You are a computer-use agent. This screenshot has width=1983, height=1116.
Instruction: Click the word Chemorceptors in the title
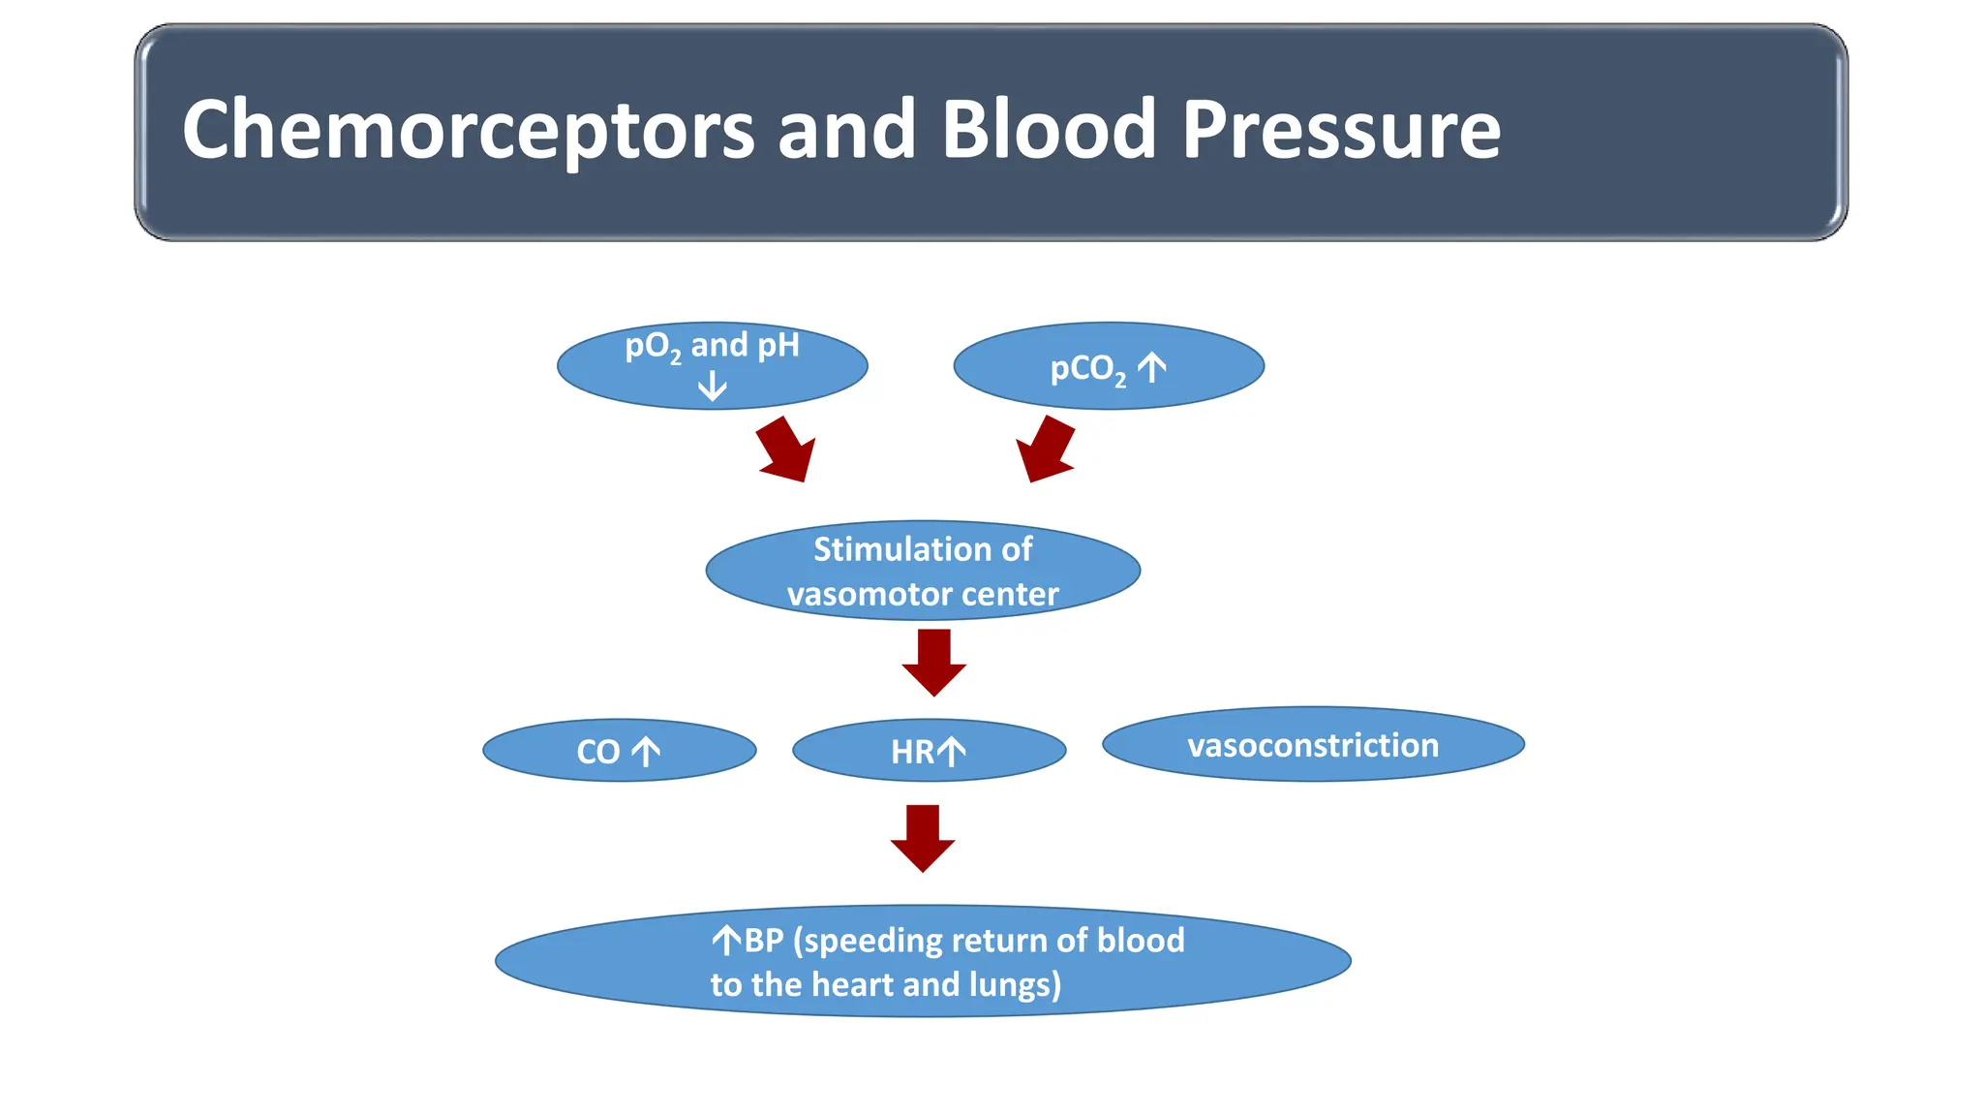468,131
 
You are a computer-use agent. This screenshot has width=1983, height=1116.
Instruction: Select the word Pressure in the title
1341,131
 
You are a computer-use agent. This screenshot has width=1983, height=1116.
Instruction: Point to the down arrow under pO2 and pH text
713,387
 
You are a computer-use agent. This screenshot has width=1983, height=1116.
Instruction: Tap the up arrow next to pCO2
1151,368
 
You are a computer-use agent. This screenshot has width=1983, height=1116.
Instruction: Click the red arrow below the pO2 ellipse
786,450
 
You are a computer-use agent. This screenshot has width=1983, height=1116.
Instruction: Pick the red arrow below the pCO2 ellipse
1046,450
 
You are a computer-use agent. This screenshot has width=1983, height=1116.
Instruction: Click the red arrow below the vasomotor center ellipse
933,663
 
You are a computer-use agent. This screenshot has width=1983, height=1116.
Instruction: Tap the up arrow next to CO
646,752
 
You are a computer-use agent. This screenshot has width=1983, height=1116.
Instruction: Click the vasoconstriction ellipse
1312,745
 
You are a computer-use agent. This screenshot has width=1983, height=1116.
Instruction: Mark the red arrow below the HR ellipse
923,838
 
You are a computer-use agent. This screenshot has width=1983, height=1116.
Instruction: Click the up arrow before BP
726,940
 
